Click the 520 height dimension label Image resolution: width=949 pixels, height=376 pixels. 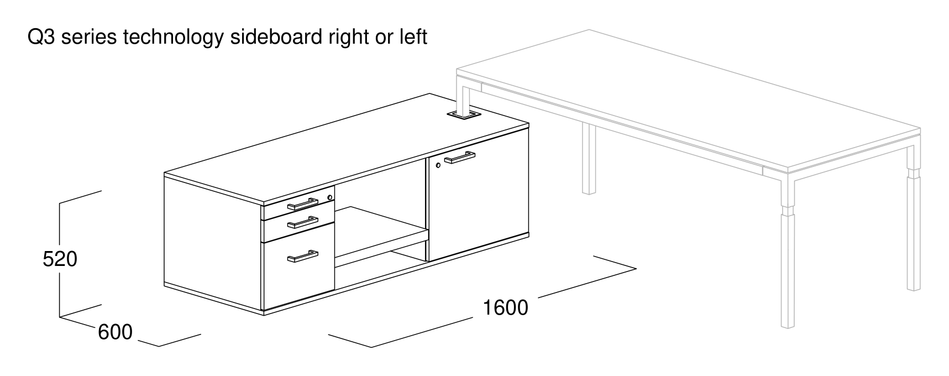pyautogui.click(x=60, y=259)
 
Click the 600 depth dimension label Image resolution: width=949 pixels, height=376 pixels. pyautogui.click(x=116, y=332)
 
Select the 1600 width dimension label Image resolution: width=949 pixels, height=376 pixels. pyautogui.click(x=506, y=307)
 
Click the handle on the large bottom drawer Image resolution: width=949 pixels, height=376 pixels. pyautogui.click(x=302, y=256)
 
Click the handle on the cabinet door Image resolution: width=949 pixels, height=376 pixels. pyautogui.click(x=459, y=159)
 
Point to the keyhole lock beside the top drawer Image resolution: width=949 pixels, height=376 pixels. pyautogui.click(x=330, y=197)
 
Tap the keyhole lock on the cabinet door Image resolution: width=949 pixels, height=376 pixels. pyautogui.click(x=438, y=165)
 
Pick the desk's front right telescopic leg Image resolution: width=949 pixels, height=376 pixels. pyautogui.click(x=788, y=254)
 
